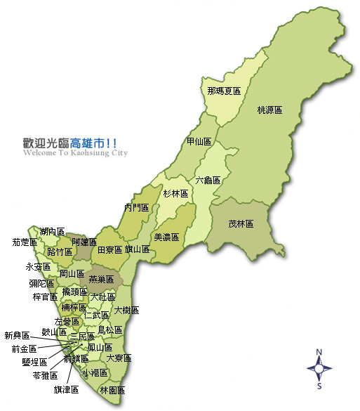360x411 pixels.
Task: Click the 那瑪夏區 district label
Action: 224,91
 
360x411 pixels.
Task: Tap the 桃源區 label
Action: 269,110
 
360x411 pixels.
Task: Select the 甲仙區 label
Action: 199,141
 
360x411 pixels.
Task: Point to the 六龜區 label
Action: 208,180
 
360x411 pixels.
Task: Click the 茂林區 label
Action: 241,224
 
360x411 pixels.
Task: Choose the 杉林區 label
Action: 175,193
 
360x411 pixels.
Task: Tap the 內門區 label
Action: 137,207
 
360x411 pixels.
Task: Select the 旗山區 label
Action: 137,249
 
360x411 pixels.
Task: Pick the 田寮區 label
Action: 109,249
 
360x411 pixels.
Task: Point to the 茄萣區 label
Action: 25,242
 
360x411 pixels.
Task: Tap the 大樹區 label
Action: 126,310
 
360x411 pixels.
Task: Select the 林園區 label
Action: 112,390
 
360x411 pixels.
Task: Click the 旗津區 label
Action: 66,390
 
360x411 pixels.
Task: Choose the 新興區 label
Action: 17,335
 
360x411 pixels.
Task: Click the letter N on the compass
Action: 319,352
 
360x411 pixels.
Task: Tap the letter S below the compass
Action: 319,385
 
